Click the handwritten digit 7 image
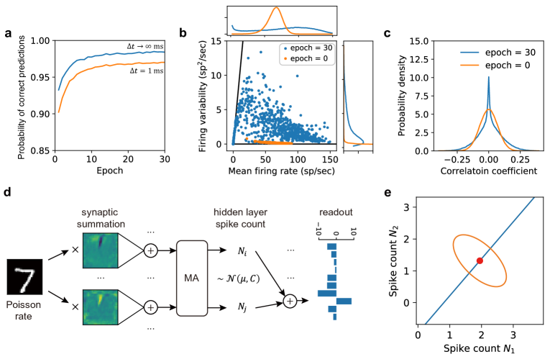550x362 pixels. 25,280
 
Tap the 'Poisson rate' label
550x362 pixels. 24,310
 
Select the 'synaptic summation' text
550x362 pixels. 99,219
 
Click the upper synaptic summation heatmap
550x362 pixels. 100,250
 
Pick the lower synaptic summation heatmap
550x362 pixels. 100,307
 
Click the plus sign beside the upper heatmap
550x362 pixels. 150,251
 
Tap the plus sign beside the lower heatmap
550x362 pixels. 150,307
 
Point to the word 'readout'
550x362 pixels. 336,213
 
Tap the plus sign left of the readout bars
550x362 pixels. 290,301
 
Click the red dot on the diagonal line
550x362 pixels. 480,261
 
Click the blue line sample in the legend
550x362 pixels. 469,53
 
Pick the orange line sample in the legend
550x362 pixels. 469,65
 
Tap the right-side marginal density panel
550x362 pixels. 358,96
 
